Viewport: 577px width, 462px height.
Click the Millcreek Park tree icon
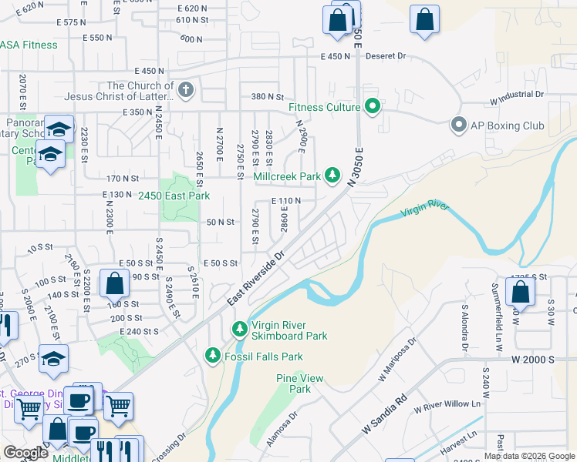(x=332, y=176)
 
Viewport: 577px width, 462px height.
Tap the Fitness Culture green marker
(x=373, y=107)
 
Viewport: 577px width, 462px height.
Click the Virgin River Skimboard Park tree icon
(x=240, y=329)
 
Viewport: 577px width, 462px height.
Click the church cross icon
(x=185, y=91)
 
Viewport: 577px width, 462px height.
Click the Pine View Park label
(x=299, y=383)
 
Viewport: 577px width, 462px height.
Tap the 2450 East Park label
(x=174, y=196)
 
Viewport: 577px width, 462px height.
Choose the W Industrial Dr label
(x=516, y=95)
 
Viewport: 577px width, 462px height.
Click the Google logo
(x=25, y=453)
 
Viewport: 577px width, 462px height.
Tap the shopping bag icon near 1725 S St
(x=521, y=293)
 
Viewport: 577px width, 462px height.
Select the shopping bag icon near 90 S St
(x=114, y=283)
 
